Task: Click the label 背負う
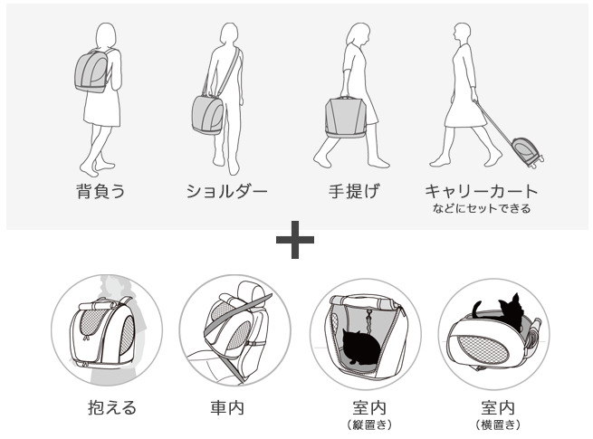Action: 100,191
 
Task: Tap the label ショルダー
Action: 226,191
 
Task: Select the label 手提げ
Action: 353,191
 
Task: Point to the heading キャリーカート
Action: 481,191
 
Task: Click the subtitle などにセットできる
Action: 482,208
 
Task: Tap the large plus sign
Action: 295,240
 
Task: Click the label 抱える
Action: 112,407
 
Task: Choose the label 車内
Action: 227,407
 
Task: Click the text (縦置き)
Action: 369,425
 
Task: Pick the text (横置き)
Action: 498,425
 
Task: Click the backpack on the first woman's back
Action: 91,72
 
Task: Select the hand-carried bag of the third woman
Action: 345,118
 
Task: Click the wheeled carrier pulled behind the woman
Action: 527,152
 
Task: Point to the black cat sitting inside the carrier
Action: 360,347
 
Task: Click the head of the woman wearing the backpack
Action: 106,35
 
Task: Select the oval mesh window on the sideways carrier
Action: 483,349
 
